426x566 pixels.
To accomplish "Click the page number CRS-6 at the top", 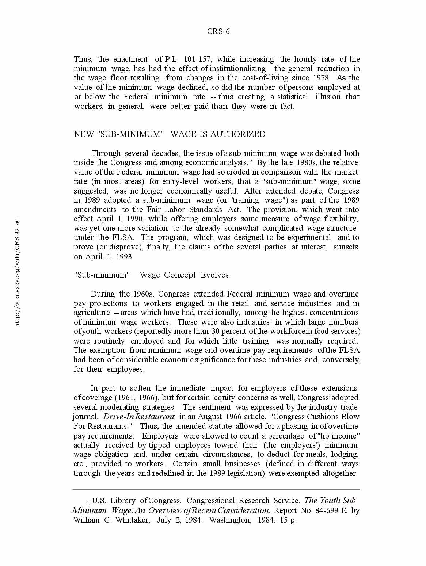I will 218,31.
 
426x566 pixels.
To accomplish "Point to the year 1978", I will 321,78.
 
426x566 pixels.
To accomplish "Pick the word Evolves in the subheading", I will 214,275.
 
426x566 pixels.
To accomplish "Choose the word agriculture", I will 92,313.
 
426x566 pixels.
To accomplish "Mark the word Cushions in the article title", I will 313,417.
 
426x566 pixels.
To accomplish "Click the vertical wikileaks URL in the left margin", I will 17,273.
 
